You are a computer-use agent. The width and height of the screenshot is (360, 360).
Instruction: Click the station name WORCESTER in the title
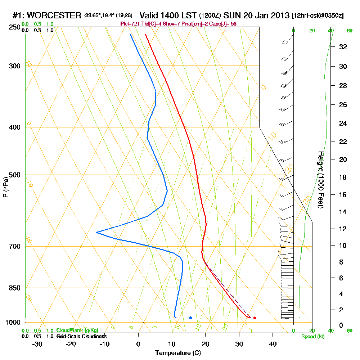pos(54,15)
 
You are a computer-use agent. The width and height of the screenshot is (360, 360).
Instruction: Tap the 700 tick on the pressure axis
pos(15,247)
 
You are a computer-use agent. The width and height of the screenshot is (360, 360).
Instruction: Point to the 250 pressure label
pos(15,27)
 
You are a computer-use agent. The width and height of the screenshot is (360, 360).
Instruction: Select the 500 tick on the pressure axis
pos(15,175)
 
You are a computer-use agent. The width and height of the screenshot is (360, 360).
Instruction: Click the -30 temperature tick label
pos(37,344)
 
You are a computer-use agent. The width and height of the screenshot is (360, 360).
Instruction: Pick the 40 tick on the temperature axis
pos(273,344)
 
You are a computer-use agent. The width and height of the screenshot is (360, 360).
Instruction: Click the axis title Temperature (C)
pos(178,353)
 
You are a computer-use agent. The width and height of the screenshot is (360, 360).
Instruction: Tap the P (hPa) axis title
pos(5,187)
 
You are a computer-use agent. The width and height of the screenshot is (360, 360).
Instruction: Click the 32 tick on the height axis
pos(343,47)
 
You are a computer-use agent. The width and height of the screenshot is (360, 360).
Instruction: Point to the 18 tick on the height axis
pos(343,177)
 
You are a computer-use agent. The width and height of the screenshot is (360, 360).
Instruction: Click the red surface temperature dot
pos(255,318)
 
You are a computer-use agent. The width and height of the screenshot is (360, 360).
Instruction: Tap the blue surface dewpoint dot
pos(190,318)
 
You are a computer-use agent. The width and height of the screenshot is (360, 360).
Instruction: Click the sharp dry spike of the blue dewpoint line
pos(97,233)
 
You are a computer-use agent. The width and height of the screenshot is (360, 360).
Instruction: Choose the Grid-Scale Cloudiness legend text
pos(81,336)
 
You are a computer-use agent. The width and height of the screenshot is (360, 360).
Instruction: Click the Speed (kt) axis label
pos(312,337)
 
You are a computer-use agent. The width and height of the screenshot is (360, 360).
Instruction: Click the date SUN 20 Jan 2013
pos(256,15)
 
